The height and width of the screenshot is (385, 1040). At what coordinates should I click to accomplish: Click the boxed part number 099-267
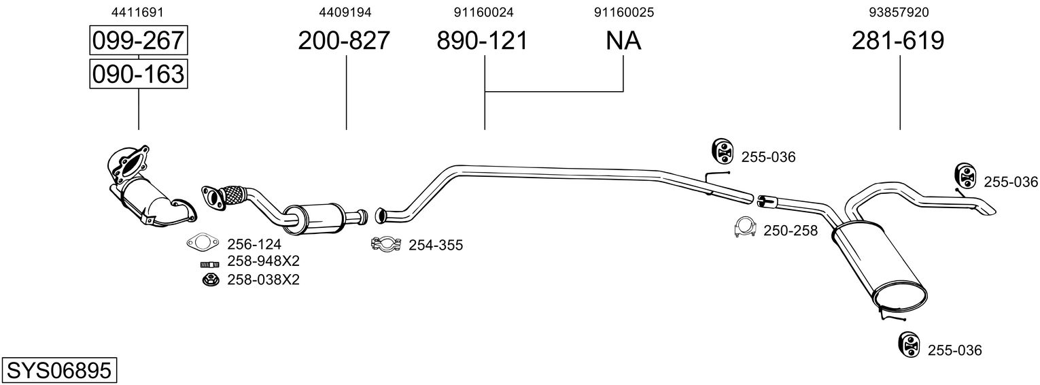tap(139, 40)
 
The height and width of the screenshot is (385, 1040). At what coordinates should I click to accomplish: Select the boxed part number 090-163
tap(139, 73)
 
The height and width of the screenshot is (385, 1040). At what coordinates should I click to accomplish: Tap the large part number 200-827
tap(343, 40)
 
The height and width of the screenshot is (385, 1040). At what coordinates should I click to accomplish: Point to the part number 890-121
tap(482, 40)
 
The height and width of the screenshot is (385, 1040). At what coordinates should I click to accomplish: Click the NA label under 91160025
tap(623, 40)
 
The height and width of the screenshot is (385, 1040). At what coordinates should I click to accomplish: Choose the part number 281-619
tap(897, 40)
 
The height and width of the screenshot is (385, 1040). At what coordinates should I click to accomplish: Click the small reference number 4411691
tap(137, 12)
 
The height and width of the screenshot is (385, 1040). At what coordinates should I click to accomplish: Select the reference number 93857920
tap(899, 12)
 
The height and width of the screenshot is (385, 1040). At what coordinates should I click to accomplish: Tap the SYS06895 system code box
tap(59, 371)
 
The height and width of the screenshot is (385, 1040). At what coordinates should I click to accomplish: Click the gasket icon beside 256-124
tap(203, 242)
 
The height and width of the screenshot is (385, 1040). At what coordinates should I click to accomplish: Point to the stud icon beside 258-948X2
tap(209, 265)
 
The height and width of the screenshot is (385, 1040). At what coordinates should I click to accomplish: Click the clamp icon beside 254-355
tap(386, 244)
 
